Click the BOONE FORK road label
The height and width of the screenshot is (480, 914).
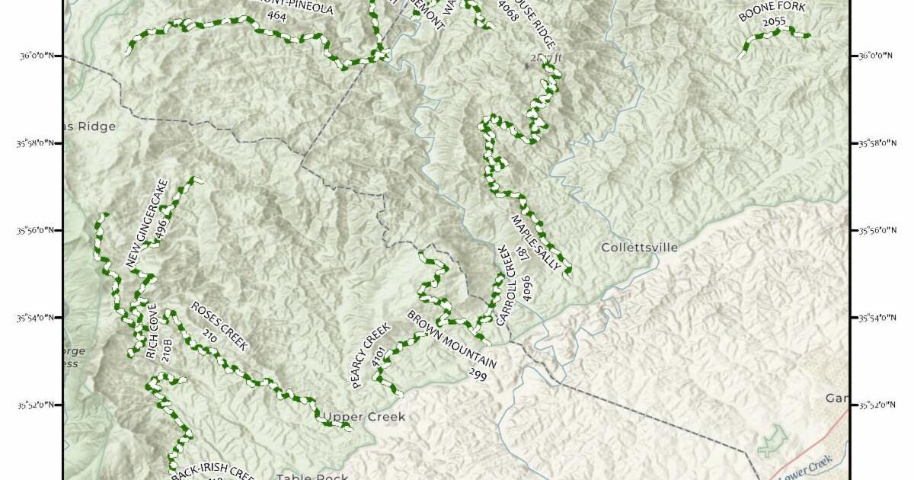(772, 11)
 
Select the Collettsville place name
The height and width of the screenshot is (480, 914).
(640, 248)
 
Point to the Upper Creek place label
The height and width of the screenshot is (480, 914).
(364, 417)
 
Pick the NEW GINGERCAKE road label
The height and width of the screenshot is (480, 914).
(146, 222)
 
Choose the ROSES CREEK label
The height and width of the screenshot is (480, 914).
(219, 326)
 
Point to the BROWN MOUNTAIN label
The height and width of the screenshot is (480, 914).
(451, 338)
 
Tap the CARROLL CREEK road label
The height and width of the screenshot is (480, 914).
(507, 286)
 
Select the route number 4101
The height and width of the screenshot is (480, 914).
(379, 358)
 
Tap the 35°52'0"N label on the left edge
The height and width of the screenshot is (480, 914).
(40, 405)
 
